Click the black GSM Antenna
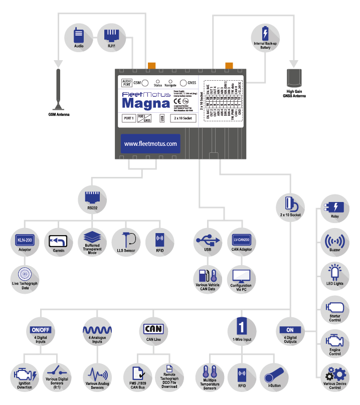[x=59, y=90]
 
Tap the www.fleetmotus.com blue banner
[x=150, y=143]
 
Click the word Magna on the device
[x=146, y=103]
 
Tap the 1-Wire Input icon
[x=241, y=327]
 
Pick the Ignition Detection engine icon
[x=25, y=374]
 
